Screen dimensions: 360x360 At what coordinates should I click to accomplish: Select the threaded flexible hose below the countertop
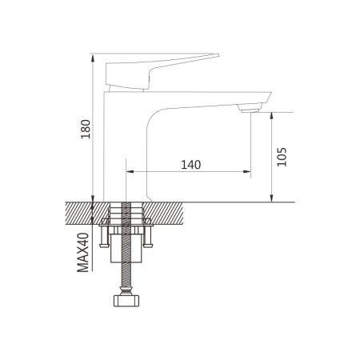click(126, 272)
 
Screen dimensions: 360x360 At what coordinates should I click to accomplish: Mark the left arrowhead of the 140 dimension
click(130, 172)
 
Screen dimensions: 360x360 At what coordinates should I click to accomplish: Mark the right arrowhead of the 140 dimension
click(250, 172)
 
